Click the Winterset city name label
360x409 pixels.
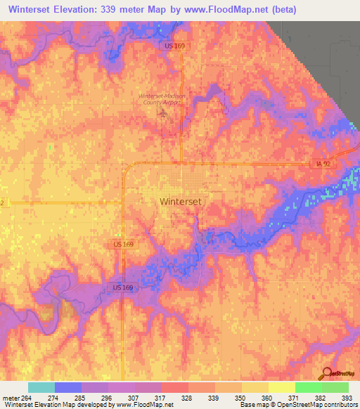coord(181,201)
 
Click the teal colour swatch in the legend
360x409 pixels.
coord(41,387)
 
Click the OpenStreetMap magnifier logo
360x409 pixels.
coord(328,372)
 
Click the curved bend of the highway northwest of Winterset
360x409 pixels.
coord(126,167)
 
